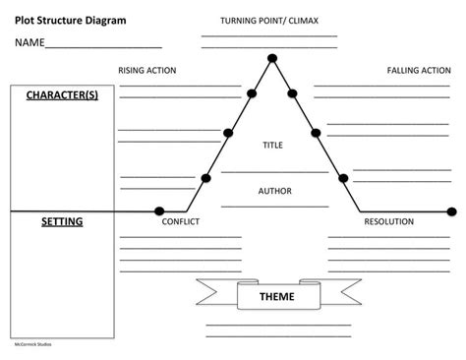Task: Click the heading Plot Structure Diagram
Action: (x=70, y=20)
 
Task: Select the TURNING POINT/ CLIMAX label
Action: (x=267, y=21)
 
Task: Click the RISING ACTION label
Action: (x=146, y=71)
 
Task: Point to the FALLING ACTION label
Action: (x=419, y=71)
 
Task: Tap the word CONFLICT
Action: (x=180, y=221)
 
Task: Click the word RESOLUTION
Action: (x=388, y=221)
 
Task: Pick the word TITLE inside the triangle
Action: (x=272, y=145)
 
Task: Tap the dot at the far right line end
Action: (x=451, y=210)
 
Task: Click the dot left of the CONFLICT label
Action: (x=159, y=210)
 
